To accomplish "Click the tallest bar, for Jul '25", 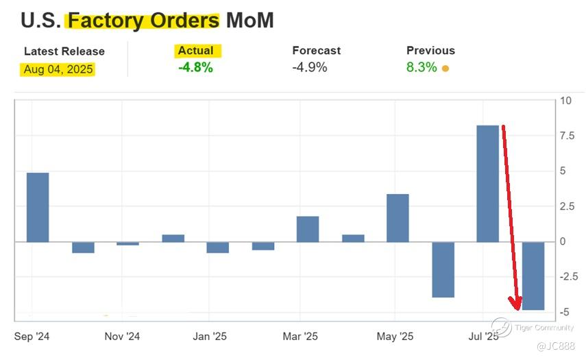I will coord(487,184).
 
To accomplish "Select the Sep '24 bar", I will coord(38,207).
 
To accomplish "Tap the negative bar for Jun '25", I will coord(443,269).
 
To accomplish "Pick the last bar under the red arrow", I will coord(533,276).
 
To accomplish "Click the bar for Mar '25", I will coord(308,229).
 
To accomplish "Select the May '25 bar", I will coord(398,218).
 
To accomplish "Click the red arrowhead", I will coord(515,302).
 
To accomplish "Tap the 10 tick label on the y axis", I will coord(565,101).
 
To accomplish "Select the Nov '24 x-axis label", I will coord(122,337).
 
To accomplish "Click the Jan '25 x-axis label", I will coord(210,337).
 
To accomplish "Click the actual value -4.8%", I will coord(195,67).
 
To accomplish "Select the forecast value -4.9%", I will coord(310,67).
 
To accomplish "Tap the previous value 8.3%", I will coord(422,67).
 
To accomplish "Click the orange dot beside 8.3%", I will coord(445,69).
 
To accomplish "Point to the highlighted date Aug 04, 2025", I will coord(59,69).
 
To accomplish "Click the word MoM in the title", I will coord(250,21).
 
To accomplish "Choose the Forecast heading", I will coord(316,51).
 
